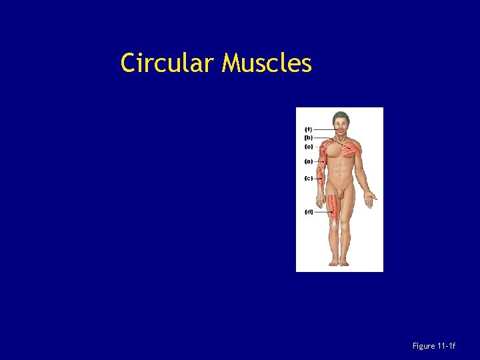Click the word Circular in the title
[169, 63]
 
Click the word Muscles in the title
[267, 63]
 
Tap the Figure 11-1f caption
[434, 346]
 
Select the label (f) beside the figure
[308, 129]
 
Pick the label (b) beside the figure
[308, 137]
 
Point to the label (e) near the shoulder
[308, 146]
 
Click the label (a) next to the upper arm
[308, 161]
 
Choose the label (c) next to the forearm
[308, 179]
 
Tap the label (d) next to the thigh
[309, 212]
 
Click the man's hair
[341, 115]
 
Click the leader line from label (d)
[323, 212]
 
